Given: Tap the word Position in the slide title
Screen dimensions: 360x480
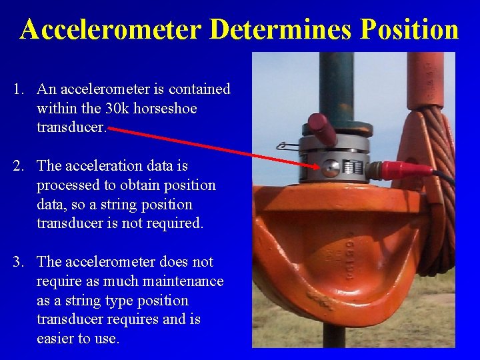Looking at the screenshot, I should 409,30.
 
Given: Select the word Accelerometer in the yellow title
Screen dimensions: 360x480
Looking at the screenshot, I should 111,30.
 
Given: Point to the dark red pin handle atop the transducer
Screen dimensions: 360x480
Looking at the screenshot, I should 322,129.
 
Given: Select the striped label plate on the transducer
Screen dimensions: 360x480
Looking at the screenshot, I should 353,165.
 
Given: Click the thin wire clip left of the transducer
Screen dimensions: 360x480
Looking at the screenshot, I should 287,145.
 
